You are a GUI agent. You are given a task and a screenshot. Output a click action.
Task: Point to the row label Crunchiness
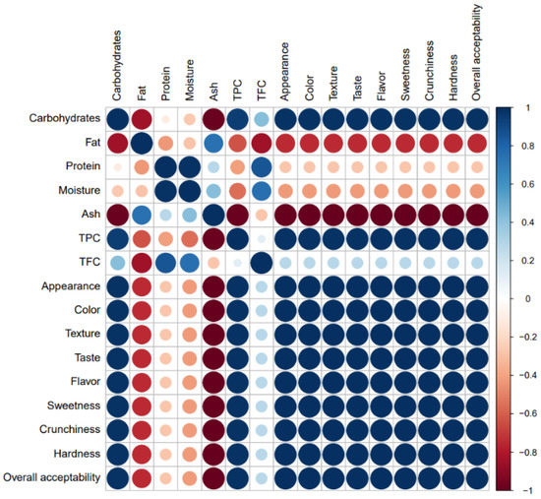pos(67,429)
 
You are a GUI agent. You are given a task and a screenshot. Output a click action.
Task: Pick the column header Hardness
pos(451,75)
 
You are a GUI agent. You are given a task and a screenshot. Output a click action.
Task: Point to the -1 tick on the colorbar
pos(525,489)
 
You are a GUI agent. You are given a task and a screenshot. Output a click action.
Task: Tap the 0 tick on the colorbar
pos(523,297)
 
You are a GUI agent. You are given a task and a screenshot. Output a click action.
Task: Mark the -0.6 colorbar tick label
pos(528,412)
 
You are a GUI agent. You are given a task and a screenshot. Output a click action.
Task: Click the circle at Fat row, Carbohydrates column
pos(117,144)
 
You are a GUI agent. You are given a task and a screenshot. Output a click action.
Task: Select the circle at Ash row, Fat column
pos(142,215)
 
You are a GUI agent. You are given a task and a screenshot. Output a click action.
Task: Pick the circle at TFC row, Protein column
pos(165,263)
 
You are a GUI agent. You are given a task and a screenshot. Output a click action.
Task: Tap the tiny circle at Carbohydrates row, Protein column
pos(165,119)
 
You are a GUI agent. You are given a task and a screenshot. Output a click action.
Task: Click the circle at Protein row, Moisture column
pos(189,167)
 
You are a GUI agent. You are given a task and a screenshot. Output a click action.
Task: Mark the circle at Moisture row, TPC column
pos(237,191)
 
